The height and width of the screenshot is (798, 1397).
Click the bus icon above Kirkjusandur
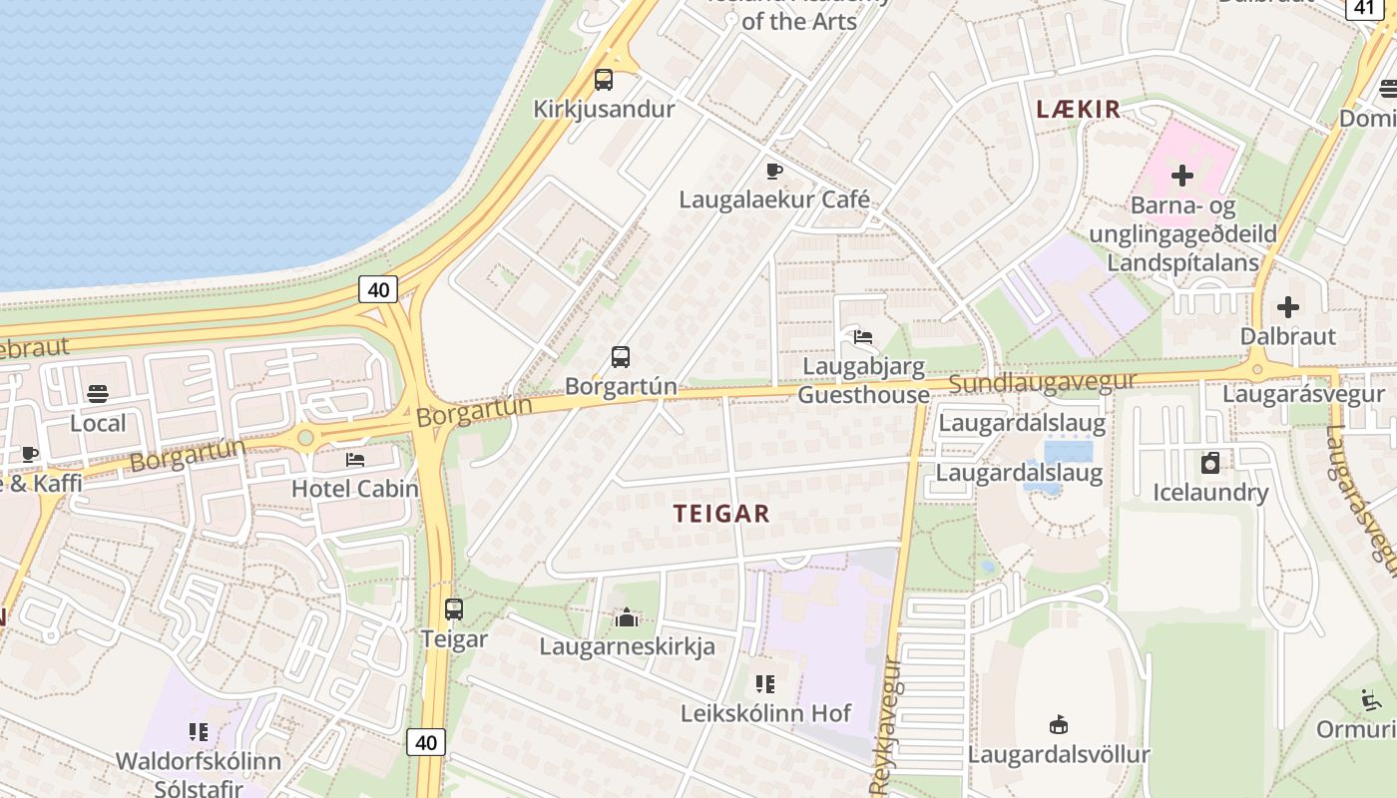pyautogui.click(x=604, y=80)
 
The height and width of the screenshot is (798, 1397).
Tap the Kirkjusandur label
pyautogui.click(x=604, y=109)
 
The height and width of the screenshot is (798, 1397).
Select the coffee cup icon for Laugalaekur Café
pyautogui.click(x=774, y=171)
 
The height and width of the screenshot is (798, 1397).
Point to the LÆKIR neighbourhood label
pyautogui.click(x=1079, y=110)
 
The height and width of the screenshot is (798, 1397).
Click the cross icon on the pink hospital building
pyautogui.click(x=1182, y=176)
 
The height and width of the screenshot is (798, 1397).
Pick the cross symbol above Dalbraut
pyautogui.click(x=1288, y=307)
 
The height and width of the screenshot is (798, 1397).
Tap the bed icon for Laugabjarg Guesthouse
pyautogui.click(x=863, y=337)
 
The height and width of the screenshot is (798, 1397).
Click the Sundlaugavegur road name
pyautogui.click(x=1043, y=382)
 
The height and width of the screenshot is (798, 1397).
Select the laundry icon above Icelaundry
pyautogui.click(x=1210, y=463)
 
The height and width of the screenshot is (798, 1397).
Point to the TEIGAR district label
pyautogui.click(x=721, y=514)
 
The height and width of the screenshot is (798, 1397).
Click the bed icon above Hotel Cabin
pyautogui.click(x=355, y=460)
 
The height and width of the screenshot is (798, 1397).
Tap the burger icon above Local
pyautogui.click(x=98, y=394)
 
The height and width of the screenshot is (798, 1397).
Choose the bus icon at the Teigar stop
pyautogui.click(x=454, y=608)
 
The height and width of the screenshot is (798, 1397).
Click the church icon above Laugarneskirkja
pyautogui.click(x=627, y=617)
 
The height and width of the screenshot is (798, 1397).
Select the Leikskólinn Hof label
pyautogui.click(x=765, y=713)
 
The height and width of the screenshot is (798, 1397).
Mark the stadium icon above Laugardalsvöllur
pyautogui.click(x=1059, y=724)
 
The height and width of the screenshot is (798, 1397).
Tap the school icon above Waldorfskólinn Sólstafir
pyautogui.click(x=199, y=732)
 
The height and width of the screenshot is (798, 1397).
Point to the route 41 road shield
pyautogui.click(x=1364, y=8)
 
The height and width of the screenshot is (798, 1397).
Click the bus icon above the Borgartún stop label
pyautogui.click(x=621, y=356)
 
